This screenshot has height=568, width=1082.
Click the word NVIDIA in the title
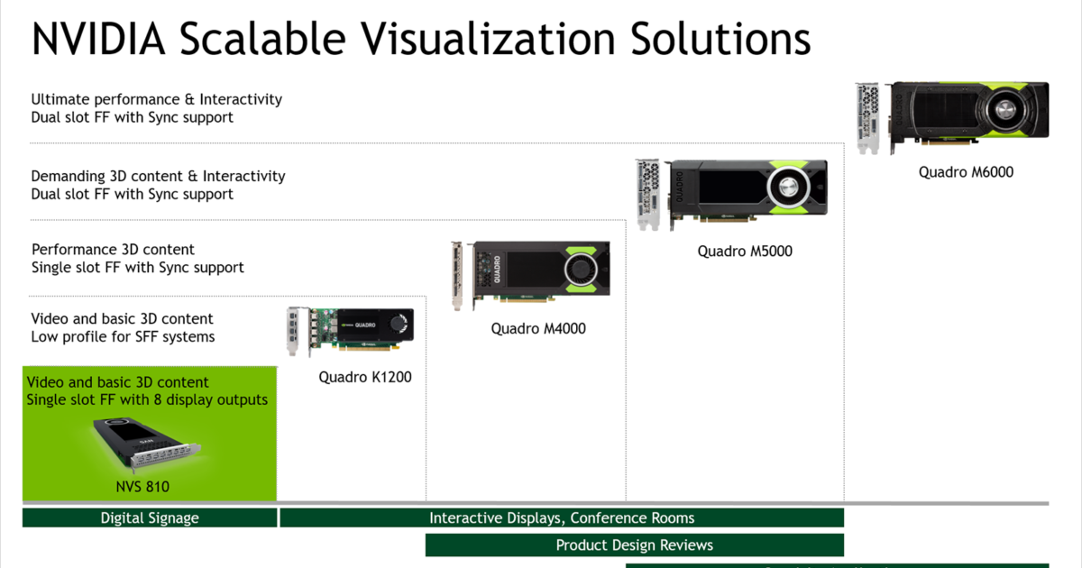coord(98,39)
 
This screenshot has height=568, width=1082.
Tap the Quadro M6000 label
coord(966,172)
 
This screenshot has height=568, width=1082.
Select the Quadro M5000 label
coord(745,252)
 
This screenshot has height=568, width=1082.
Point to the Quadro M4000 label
coord(538,328)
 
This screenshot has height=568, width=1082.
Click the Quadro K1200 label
coord(364,377)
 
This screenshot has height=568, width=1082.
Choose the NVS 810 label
coord(142,486)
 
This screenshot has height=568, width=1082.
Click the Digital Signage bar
coord(150,518)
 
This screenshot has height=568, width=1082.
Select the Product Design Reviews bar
coord(634,545)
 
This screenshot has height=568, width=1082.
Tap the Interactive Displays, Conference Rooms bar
coord(562,518)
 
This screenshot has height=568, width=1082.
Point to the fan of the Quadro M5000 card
coord(788,187)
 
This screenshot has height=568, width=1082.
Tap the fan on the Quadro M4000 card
coord(581,269)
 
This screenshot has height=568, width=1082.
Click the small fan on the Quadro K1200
coord(399,323)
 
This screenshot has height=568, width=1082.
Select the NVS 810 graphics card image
coord(146,443)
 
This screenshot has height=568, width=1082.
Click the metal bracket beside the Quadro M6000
coord(867,118)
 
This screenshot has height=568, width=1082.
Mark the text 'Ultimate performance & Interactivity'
coord(157,99)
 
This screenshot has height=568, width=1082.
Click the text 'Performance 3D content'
coord(113,250)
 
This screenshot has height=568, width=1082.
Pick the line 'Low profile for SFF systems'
coord(123,336)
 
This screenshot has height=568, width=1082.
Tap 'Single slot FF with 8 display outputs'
coord(147,400)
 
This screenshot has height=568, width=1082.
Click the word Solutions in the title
coord(720,39)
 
